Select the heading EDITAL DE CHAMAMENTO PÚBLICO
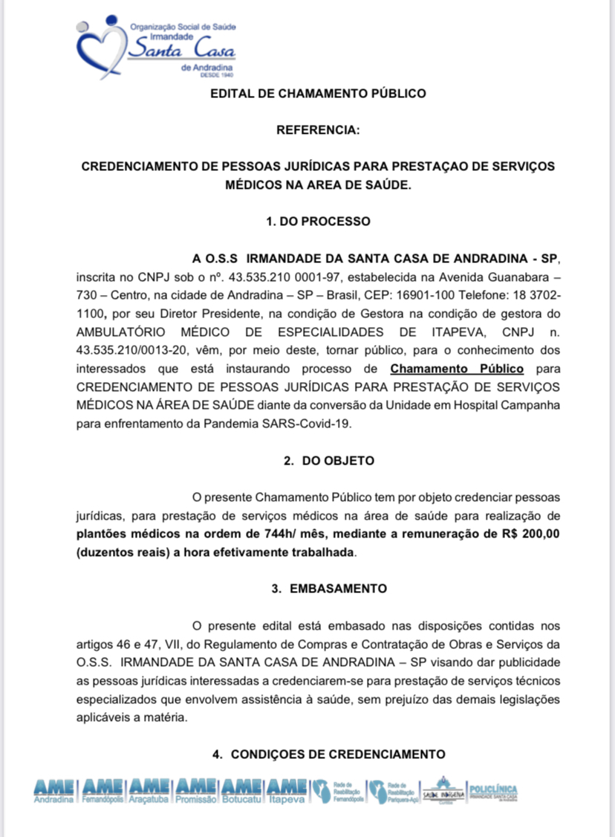318,94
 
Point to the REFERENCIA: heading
318,130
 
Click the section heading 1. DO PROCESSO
318,221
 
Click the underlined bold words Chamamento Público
457,369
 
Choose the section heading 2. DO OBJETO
328,461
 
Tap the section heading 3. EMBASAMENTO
328,588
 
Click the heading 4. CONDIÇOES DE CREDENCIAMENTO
328,754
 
